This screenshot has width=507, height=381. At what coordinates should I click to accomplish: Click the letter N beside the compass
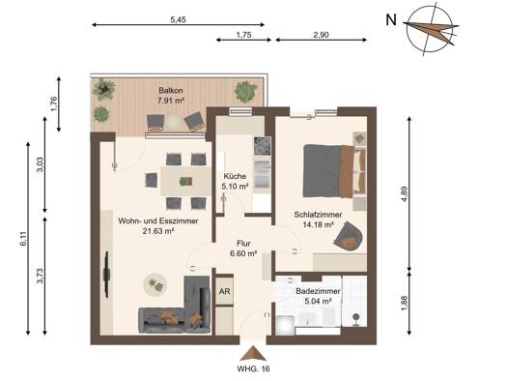tap(391, 20)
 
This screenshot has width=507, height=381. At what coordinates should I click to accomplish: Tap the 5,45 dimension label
tap(178, 19)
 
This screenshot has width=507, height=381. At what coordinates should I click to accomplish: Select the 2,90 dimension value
tap(321, 35)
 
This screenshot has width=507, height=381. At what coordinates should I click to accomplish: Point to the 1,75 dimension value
tap(243, 35)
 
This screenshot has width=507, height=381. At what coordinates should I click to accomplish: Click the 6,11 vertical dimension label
tap(23, 239)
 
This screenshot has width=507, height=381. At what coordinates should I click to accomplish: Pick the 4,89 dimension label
tap(405, 194)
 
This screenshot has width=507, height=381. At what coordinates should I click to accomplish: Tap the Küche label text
tap(235, 176)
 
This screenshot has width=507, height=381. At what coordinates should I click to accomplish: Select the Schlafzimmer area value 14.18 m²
tap(319, 224)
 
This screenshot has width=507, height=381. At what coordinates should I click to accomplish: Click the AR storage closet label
tap(225, 291)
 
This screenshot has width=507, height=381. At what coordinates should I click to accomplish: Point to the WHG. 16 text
tap(253, 368)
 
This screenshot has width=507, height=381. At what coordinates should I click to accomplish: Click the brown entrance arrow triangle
tap(253, 353)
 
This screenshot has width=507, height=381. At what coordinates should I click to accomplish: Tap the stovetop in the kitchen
tap(263, 146)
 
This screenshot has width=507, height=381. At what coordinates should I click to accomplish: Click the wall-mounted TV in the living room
tap(106, 275)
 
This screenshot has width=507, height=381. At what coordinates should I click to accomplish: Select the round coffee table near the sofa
tap(155, 284)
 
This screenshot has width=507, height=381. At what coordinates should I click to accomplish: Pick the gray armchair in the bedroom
tap(349, 236)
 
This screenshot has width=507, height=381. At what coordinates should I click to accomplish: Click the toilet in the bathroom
tap(285, 325)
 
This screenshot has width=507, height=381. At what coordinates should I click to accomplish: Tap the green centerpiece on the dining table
tap(186, 181)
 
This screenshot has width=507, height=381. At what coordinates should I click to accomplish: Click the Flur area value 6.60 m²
tap(243, 253)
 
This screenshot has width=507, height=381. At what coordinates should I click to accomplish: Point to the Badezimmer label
tap(318, 291)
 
